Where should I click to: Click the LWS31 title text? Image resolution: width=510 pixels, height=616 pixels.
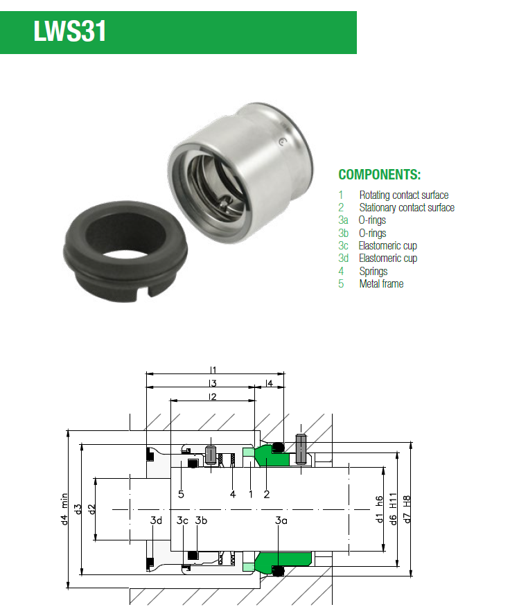click(x=70, y=30)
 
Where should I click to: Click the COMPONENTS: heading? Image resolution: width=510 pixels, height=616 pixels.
click(x=380, y=175)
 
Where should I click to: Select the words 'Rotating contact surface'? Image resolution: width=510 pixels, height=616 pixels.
click(x=404, y=195)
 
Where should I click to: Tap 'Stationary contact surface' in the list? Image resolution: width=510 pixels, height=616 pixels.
click(x=407, y=207)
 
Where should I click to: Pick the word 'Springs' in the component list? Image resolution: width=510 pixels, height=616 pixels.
click(x=373, y=272)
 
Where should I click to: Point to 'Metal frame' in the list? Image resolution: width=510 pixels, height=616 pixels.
click(x=382, y=283)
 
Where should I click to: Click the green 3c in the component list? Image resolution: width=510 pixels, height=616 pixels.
click(x=343, y=245)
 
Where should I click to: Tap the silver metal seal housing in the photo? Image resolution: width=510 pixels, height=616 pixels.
click(x=240, y=172)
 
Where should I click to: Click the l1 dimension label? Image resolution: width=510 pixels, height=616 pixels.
click(x=213, y=369)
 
